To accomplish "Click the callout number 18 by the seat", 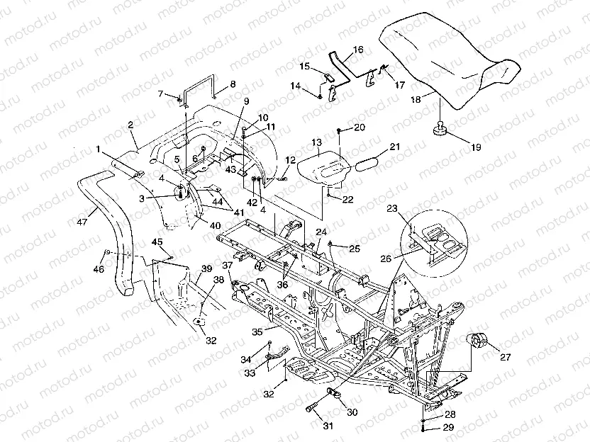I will click(416, 101).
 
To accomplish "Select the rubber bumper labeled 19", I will click(440, 128).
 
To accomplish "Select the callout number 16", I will click(356, 50).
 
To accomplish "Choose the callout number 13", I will click(316, 143).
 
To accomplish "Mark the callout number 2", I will click(130, 125).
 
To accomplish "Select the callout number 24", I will click(321, 232).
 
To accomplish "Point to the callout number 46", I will click(99, 269).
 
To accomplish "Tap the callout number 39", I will click(206, 268).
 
